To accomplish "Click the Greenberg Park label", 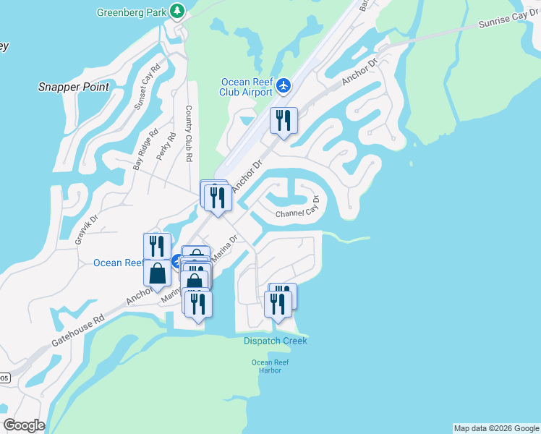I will (130, 12).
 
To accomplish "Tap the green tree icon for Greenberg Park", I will (177, 11).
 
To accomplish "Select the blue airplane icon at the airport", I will (283, 85).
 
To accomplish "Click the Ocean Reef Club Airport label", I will (246, 86).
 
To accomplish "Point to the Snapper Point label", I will (73, 88).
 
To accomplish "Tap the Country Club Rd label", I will (189, 133).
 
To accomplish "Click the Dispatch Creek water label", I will (275, 341).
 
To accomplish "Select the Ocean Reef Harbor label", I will (265, 366).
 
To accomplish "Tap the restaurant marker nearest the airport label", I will (284, 121).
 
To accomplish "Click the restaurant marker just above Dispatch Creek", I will (278, 304).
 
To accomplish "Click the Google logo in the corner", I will (24, 425).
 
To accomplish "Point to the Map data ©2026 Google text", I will (496, 428).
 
